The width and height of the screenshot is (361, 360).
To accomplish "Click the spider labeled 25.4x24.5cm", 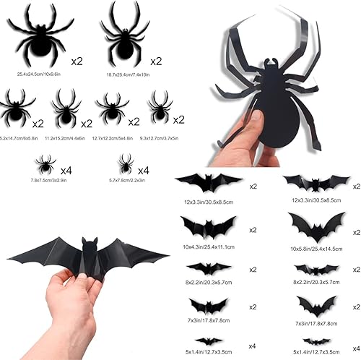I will [x=40, y=43].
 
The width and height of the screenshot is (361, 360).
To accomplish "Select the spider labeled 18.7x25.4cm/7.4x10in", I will [x=125, y=43].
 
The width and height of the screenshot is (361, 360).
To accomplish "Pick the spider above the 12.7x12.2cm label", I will [x=112, y=108].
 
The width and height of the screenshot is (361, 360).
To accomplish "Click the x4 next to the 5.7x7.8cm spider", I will [x=143, y=171].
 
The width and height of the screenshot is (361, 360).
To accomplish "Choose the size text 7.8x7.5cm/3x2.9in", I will [x=45, y=181].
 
